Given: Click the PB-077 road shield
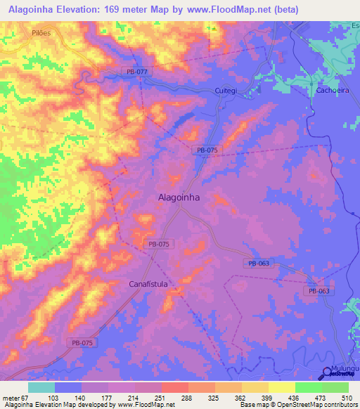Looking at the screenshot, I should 139,72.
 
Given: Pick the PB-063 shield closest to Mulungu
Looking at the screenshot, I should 318,290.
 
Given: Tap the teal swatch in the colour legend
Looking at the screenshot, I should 41,387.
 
